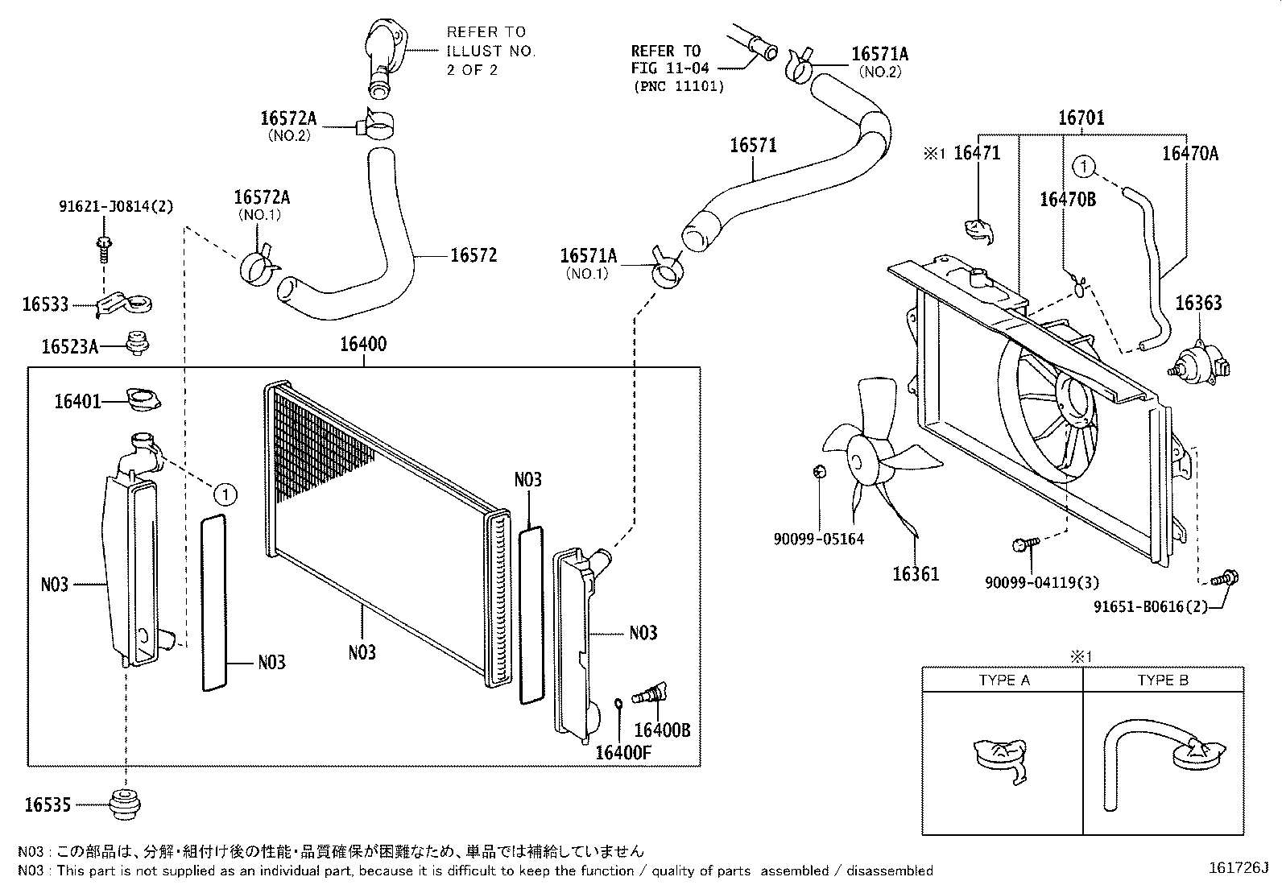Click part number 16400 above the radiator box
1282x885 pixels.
362,345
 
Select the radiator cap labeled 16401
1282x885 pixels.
144,399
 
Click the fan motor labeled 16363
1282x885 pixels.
1199,362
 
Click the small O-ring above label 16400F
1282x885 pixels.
618,705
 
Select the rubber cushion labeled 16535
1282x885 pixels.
126,803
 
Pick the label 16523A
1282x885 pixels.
70,347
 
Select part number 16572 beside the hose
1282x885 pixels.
473,256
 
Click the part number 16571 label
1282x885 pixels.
753,146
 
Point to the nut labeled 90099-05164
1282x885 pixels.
818,471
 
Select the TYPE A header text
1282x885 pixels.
1003,680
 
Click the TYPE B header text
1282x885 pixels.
1162,680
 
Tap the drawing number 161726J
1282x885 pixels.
1238,868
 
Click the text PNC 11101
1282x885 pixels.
679,86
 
